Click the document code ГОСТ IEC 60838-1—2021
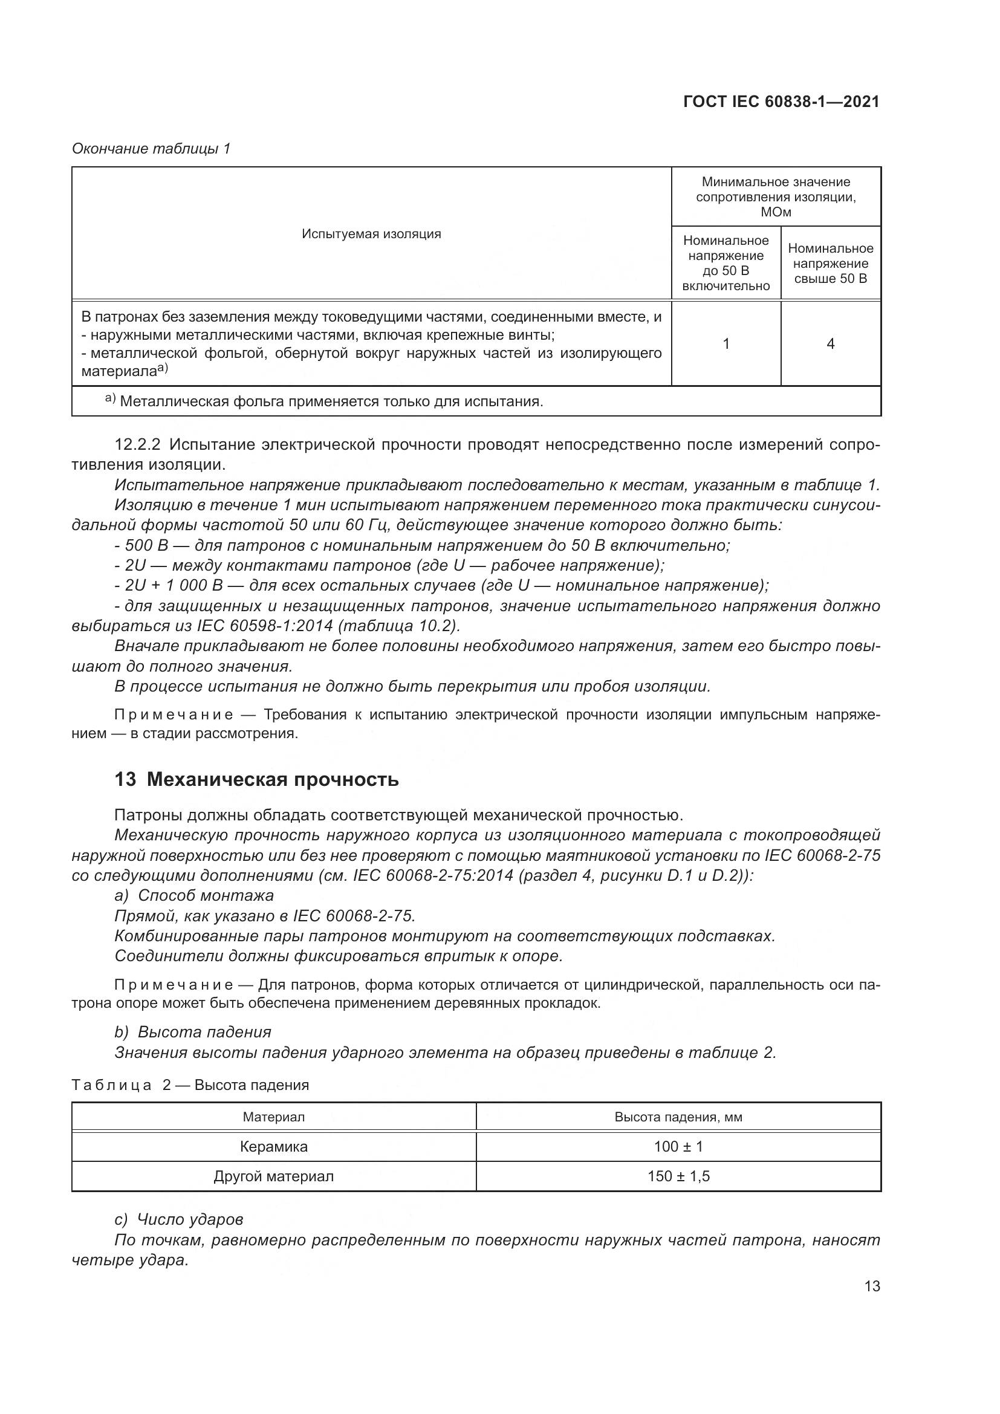tap(781, 102)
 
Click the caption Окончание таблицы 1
tap(151, 149)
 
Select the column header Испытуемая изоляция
tap(371, 234)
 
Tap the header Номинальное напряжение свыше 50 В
tap(830, 264)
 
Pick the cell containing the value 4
tap(830, 343)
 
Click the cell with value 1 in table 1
tap(726, 343)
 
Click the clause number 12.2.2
tap(138, 444)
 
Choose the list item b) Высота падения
tap(193, 1031)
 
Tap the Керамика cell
tap(273, 1146)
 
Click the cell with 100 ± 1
tap(678, 1146)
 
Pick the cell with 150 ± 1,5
tap(678, 1176)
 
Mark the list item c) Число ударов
tap(178, 1219)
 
